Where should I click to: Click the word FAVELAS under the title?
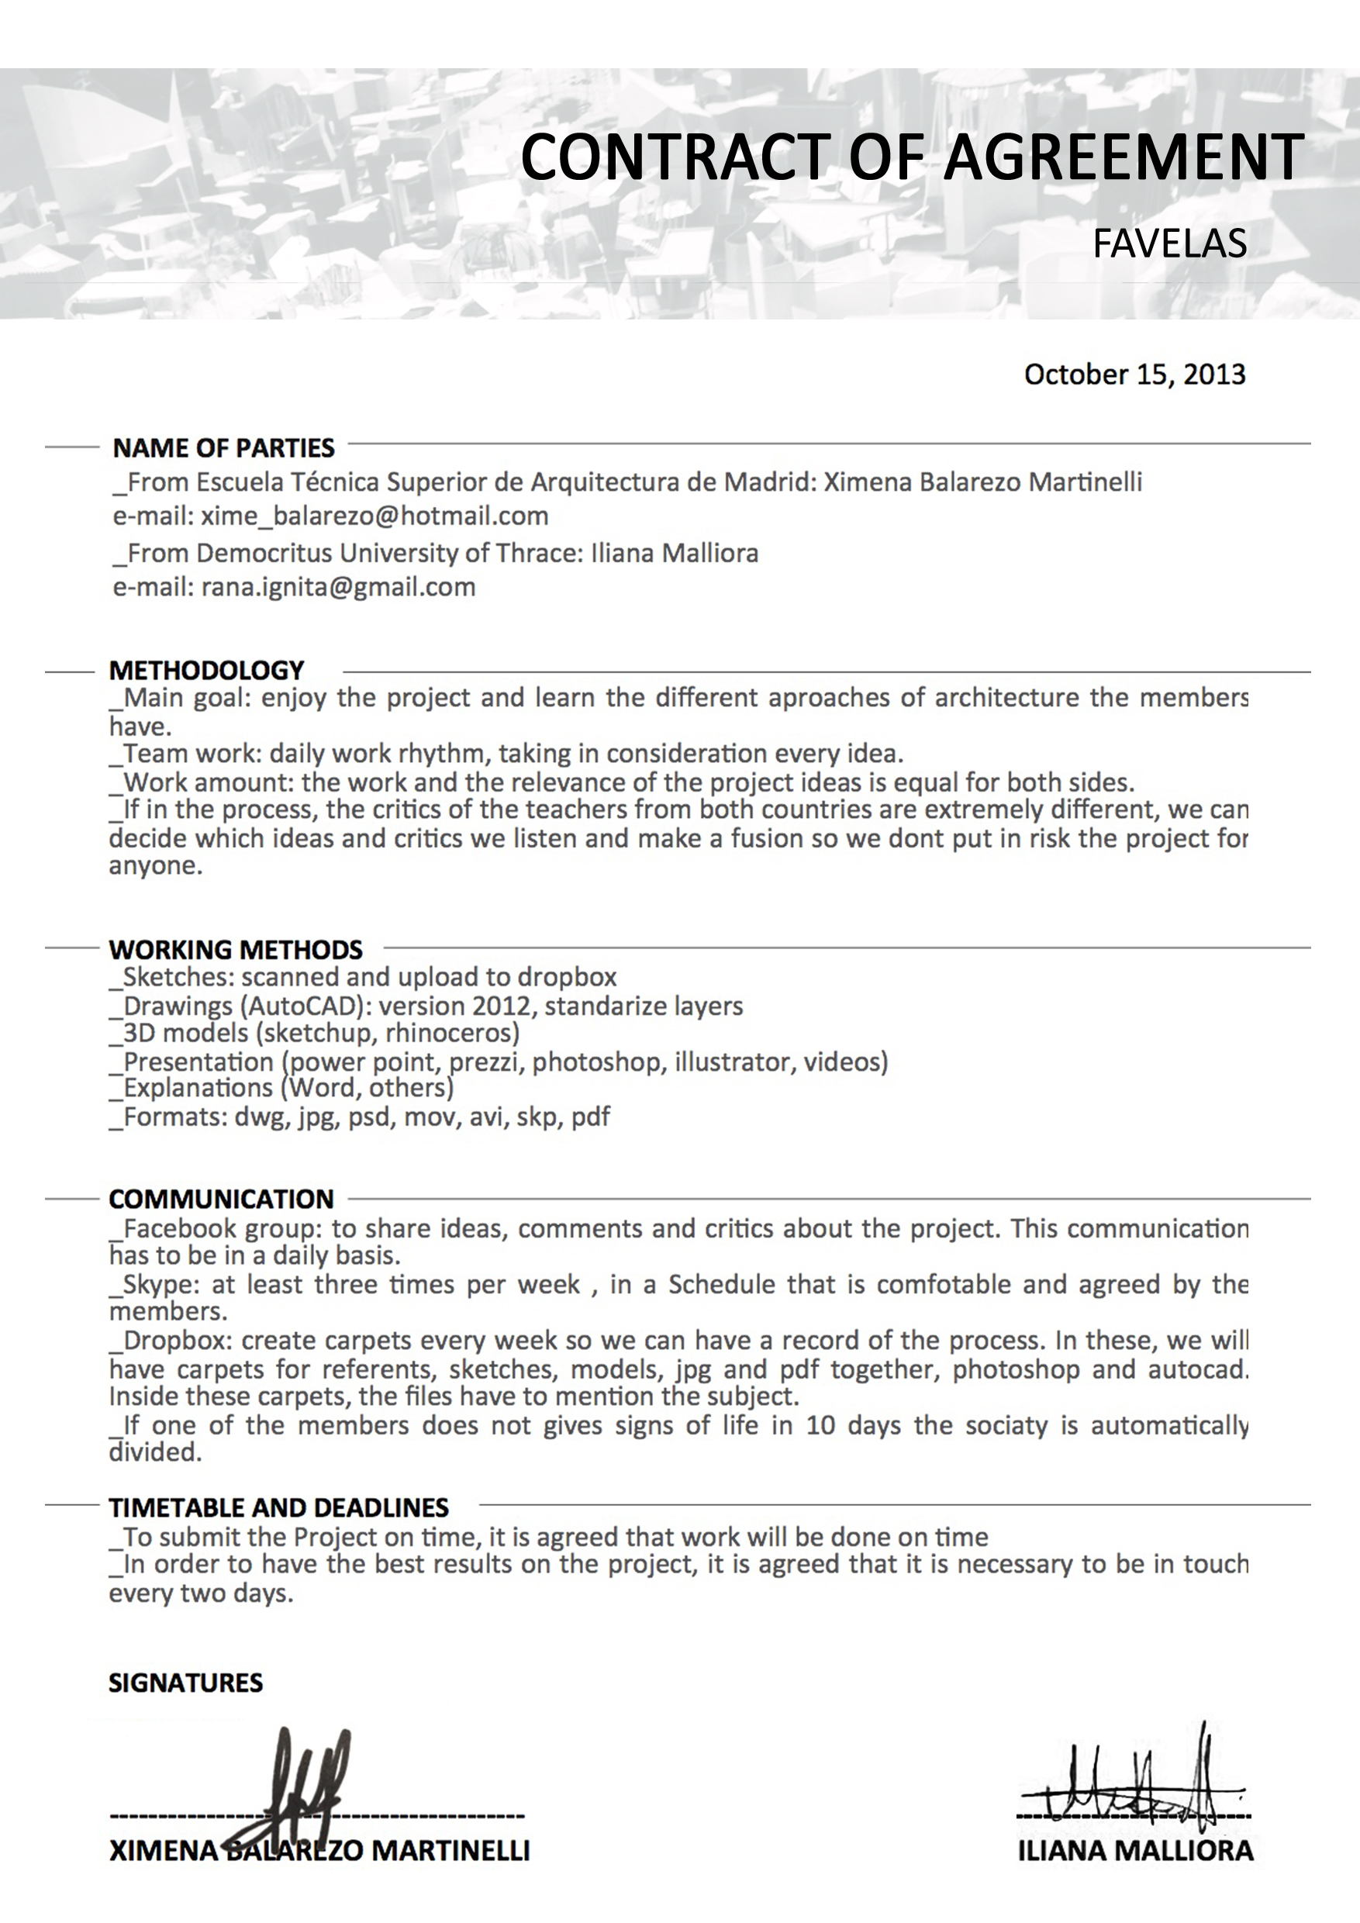click(1169, 243)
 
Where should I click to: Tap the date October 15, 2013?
click(1134, 375)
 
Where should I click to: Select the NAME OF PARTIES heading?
click(223, 448)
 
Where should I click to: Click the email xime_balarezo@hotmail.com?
click(375, 516)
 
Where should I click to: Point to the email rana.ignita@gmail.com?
click(338, 587)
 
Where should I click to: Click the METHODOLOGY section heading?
click(206, 670)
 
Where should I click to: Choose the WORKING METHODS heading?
click(235, 950)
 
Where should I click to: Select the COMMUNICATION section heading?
click(221, 1200)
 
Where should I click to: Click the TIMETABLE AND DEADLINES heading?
click(279, 1507)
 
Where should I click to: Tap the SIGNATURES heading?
click(186, 1683)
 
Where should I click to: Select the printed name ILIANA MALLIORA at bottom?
click(1136, 1850)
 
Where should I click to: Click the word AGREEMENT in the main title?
click(1123, 157)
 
